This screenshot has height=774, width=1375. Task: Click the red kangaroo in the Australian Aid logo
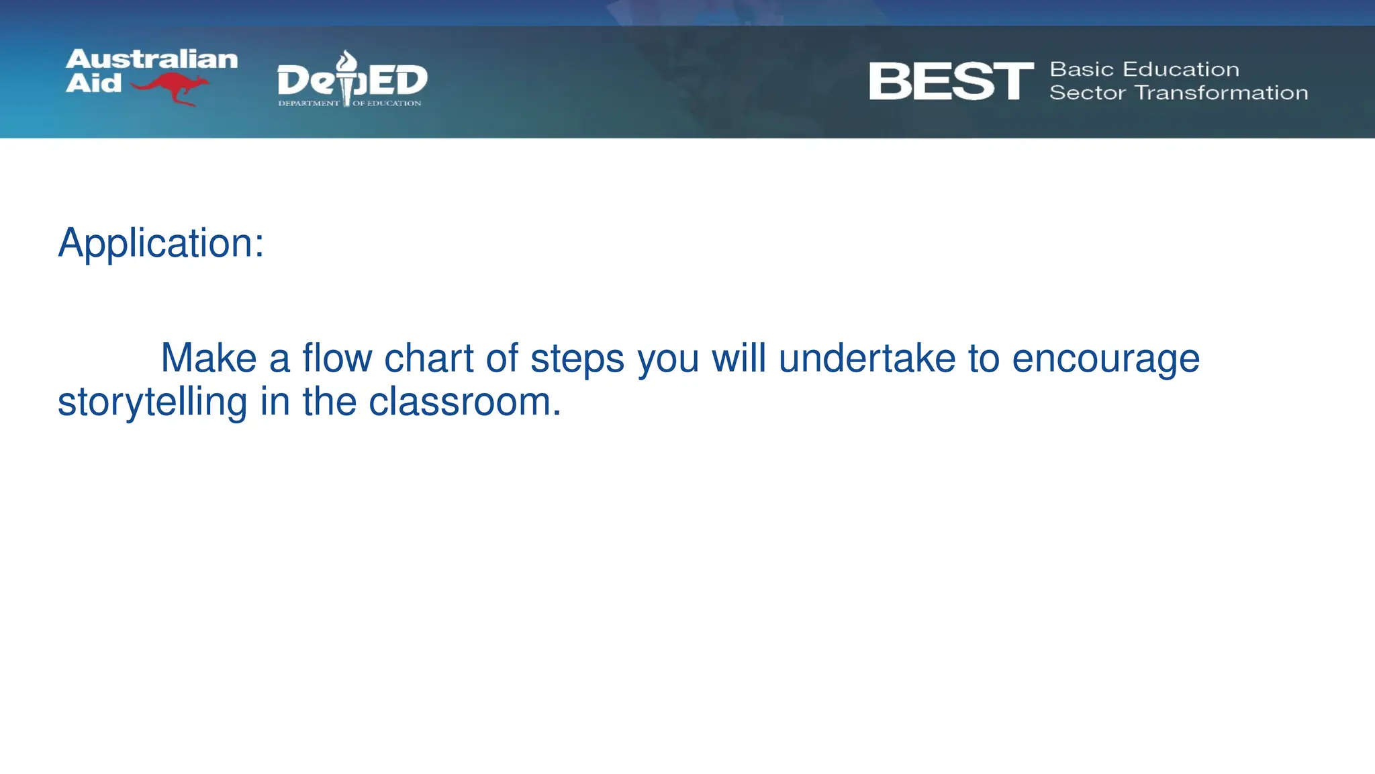click(x=171, y=88)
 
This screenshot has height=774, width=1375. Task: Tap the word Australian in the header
click(x=152, y=59)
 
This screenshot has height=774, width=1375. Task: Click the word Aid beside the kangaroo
click(x=93, y=83)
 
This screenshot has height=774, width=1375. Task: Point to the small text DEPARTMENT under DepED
click(x=309, y=103)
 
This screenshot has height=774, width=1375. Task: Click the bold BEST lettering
click(x=951, y=81)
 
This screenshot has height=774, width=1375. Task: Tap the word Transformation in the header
click(x=1221, y=93)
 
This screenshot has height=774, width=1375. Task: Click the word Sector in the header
click(x=1088, y=93)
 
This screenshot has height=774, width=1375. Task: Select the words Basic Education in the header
click(x=1144, y=69)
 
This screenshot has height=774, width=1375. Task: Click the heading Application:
click(x=161, y=243)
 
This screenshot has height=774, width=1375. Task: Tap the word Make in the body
click(x=209, y=358)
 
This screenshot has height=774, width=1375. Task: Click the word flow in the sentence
click(x=337, y=358)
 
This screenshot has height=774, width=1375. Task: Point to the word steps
click(x=577, y=359)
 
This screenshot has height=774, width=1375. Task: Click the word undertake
click(x=867, y=358)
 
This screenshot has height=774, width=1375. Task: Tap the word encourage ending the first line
click(x=1105, y=359)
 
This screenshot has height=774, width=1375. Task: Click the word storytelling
click(x=152, y=402)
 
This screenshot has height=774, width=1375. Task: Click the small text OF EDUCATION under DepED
click(x=387, y=103)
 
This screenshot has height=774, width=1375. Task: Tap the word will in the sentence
click(x=739, y=358)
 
